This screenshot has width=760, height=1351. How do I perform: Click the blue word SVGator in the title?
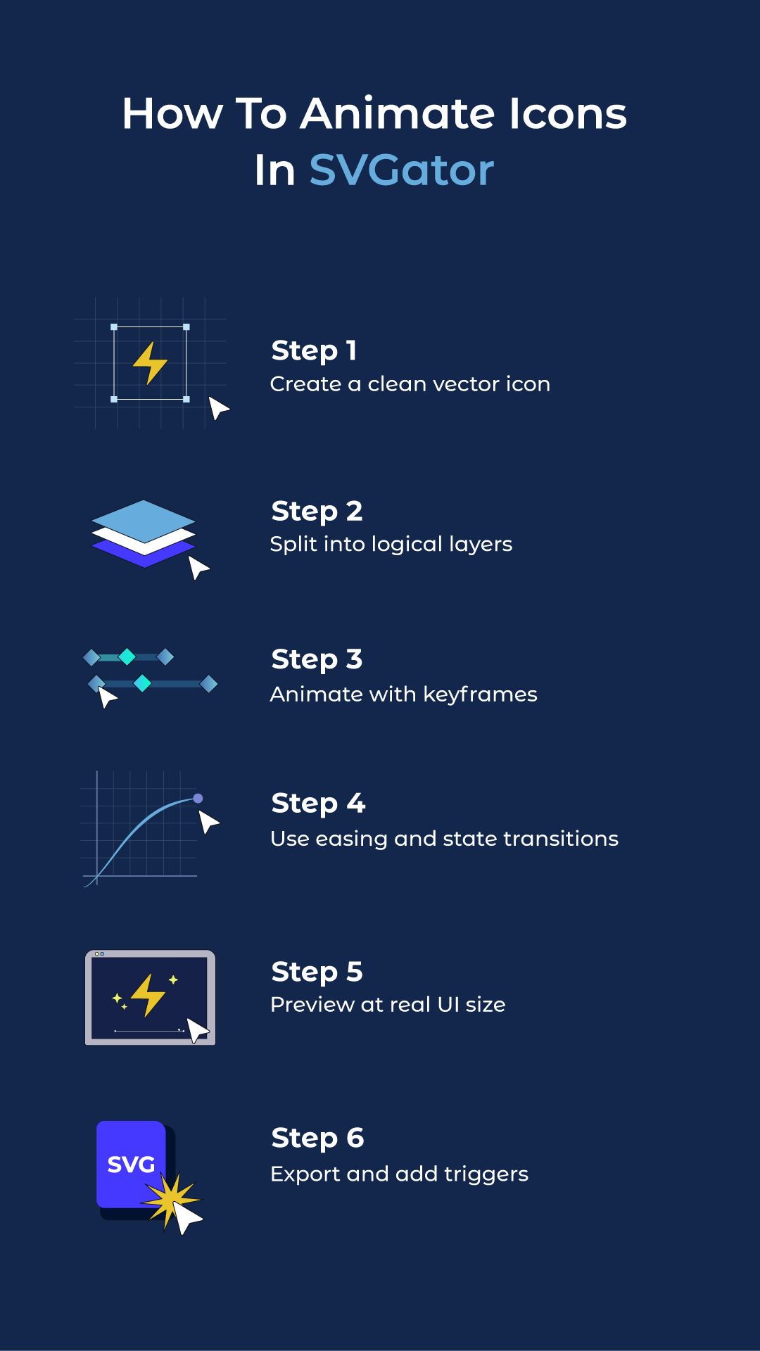[x=401, y=170]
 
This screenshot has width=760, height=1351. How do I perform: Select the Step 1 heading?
[x=314, y=350]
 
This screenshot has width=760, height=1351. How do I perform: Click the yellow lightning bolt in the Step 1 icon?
[x=150, y=362]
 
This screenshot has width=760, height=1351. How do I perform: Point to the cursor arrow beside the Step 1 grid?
[x=218, y=407]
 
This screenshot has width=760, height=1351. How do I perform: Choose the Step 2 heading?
[x=317, y=511]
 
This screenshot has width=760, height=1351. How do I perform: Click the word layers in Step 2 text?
[x=480, y=545]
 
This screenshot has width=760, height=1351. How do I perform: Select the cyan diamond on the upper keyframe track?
[x=127, y=657]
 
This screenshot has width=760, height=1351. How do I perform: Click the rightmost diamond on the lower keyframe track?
[x=208, y=683]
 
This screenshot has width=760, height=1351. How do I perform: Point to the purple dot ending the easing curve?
[x=198, y=798]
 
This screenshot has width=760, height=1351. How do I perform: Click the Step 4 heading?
[x=318, y=803]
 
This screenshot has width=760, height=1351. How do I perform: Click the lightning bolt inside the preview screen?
[x=148, y=994]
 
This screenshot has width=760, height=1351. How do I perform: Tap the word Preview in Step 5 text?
[x=312, y=1005]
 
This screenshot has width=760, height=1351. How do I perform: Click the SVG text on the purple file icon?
[x=131, y=1165]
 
